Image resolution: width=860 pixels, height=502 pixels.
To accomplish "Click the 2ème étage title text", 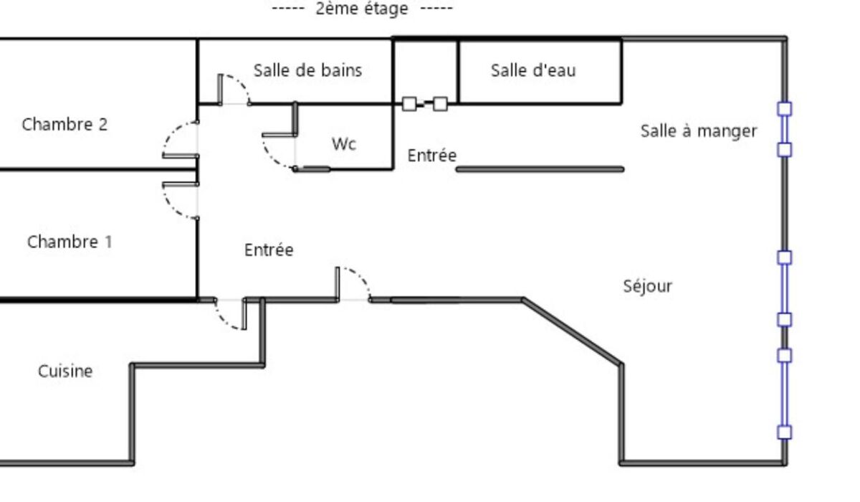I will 362,9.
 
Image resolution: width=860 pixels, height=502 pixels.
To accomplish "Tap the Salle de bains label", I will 307,70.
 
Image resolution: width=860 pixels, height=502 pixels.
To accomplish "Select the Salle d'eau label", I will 532,70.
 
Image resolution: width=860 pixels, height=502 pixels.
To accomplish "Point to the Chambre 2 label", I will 64,124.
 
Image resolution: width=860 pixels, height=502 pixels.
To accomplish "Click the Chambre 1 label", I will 70,242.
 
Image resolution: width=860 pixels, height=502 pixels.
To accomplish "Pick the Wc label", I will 344,143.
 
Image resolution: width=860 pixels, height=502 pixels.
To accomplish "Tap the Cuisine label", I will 65,371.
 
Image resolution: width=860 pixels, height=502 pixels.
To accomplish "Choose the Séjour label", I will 647,286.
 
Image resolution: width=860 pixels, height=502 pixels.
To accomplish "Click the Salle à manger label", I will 698,131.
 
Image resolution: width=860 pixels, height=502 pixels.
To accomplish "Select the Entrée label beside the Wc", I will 431,155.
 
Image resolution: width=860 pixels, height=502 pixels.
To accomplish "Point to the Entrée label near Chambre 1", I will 269,250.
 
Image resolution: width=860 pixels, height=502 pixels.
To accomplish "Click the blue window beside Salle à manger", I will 785,129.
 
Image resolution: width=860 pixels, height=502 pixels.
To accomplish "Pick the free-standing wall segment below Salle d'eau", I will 540,169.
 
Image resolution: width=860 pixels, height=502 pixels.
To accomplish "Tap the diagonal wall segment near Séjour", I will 572,331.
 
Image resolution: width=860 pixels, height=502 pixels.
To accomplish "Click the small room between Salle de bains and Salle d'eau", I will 426,70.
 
